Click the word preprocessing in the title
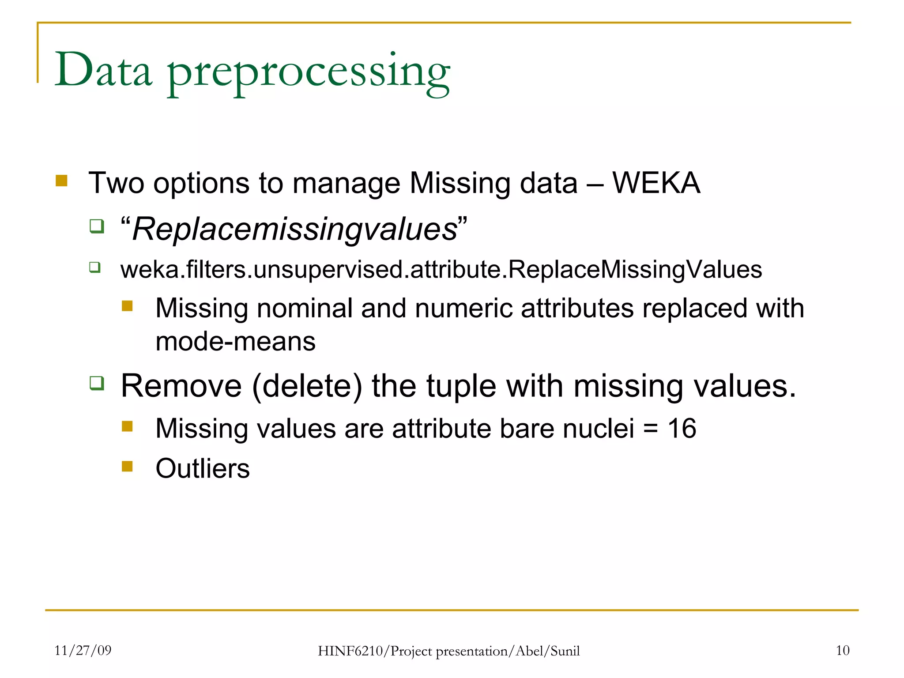309,73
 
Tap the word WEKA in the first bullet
656,183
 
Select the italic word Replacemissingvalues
295,230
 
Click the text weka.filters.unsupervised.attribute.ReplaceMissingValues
441,269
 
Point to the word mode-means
236,342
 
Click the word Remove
181,386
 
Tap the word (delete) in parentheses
307,387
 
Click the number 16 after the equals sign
682,428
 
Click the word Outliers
203,468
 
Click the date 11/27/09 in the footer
83,650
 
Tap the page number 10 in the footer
842,650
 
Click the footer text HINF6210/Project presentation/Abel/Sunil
448,651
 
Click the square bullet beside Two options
61,181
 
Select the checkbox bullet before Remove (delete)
97,383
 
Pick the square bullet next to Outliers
127,466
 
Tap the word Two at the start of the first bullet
116,183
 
